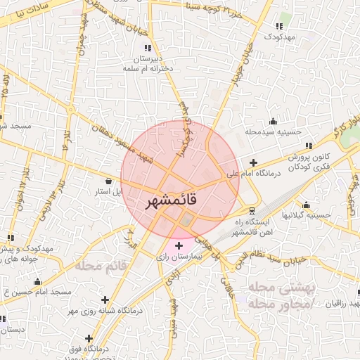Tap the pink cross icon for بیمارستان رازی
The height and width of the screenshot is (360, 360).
click(x=179, y=245)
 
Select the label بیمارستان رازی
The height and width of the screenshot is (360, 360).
click(x=179, y=257)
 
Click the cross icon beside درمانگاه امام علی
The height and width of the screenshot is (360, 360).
click(x=253, y=162)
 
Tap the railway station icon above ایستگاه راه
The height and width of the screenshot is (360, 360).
click(x=252, y=210)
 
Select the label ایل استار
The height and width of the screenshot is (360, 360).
click(x=109, y=191)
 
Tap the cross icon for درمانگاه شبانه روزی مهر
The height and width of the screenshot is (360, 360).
click(x=105, y=300)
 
